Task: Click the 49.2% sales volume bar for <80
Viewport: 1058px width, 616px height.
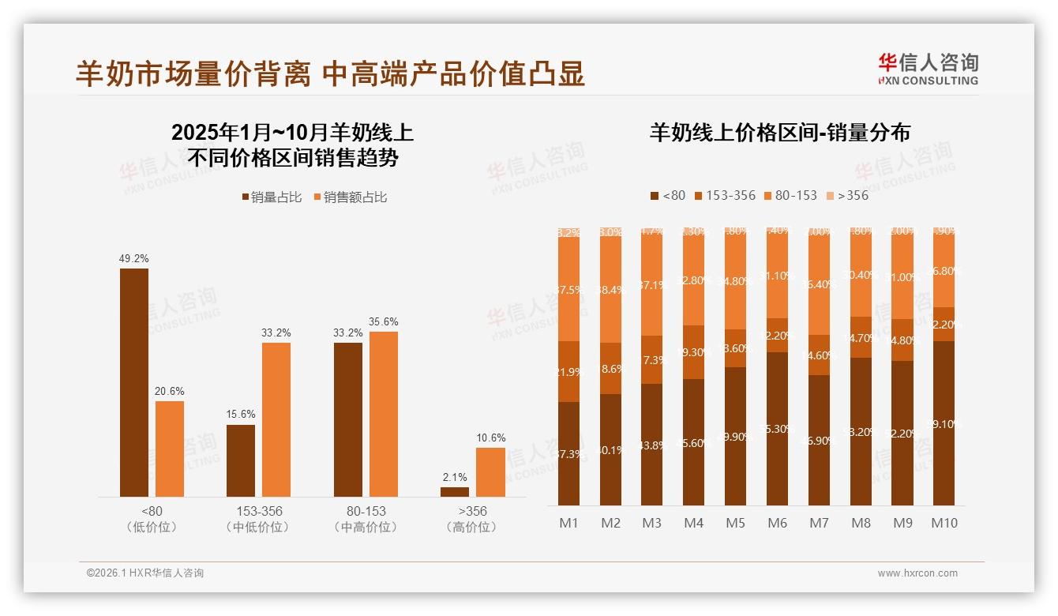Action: (x=134, y=382)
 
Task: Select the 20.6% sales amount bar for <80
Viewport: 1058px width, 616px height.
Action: (x=170, y=449)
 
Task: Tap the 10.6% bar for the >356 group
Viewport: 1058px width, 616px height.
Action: (x=490, y=472)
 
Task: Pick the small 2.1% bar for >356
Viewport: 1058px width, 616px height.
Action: (x=455, y=491)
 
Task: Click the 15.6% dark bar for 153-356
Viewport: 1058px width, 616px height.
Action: (x=241, y=460)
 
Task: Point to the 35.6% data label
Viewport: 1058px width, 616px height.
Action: (x=383, y=321)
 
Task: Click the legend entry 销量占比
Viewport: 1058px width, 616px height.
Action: (x=272, y=197)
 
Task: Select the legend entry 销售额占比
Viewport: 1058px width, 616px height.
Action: (x=351, y=197)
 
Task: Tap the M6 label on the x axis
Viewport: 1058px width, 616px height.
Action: (x=777, y=523)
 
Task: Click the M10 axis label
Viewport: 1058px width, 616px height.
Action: (x=944, y=523)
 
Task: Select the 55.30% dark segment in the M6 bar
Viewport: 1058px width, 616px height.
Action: (x=777, y=428)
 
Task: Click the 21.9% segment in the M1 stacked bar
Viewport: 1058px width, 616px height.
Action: (x=568, y=371)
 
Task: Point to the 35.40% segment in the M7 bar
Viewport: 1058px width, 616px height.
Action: (x=819, y=284)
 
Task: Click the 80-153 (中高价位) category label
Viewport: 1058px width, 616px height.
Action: (x=366, y=519)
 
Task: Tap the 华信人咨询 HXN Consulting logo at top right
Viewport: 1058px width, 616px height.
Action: (x=929, y=69)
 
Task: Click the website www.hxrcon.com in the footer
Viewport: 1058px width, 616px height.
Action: (x=917, y=573)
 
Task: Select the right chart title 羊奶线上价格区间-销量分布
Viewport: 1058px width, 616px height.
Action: (x=779, y=132)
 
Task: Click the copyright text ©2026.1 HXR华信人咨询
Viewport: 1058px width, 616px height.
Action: (x=144, y=573)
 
